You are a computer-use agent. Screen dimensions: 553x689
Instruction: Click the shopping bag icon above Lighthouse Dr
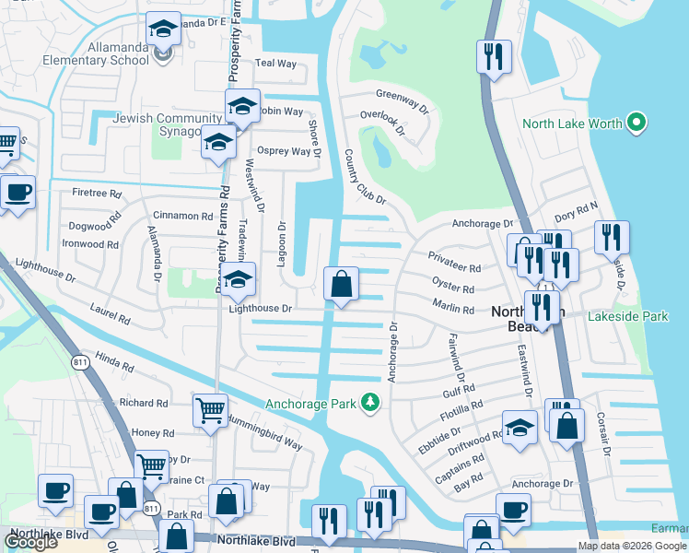[341, 285]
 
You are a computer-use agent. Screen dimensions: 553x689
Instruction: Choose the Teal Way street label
[275, 64]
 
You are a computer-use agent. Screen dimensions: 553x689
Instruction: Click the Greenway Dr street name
[403, 100]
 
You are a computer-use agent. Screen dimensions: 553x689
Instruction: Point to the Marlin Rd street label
[452, 311]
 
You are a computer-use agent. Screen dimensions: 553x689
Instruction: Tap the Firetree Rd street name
[97, 194]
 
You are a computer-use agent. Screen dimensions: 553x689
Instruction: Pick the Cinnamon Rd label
[182, 216]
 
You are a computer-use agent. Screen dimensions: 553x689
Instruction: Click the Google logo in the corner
[30, 542]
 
